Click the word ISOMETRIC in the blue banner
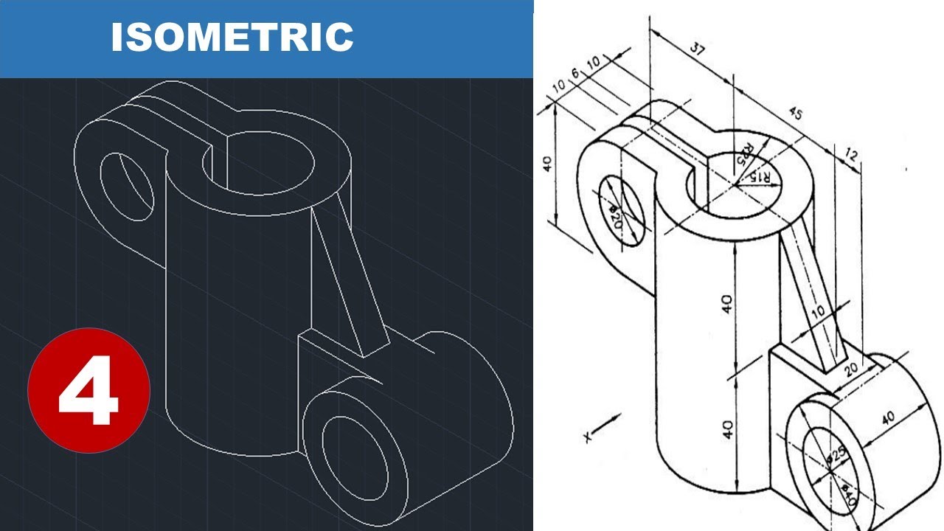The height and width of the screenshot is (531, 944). pos(232,37)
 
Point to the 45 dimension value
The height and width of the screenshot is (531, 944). pos(795,114)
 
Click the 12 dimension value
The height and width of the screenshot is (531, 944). pos(852,156)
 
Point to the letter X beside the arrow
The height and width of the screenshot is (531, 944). pos(588,437)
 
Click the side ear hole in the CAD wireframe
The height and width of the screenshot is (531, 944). pos(126,187)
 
